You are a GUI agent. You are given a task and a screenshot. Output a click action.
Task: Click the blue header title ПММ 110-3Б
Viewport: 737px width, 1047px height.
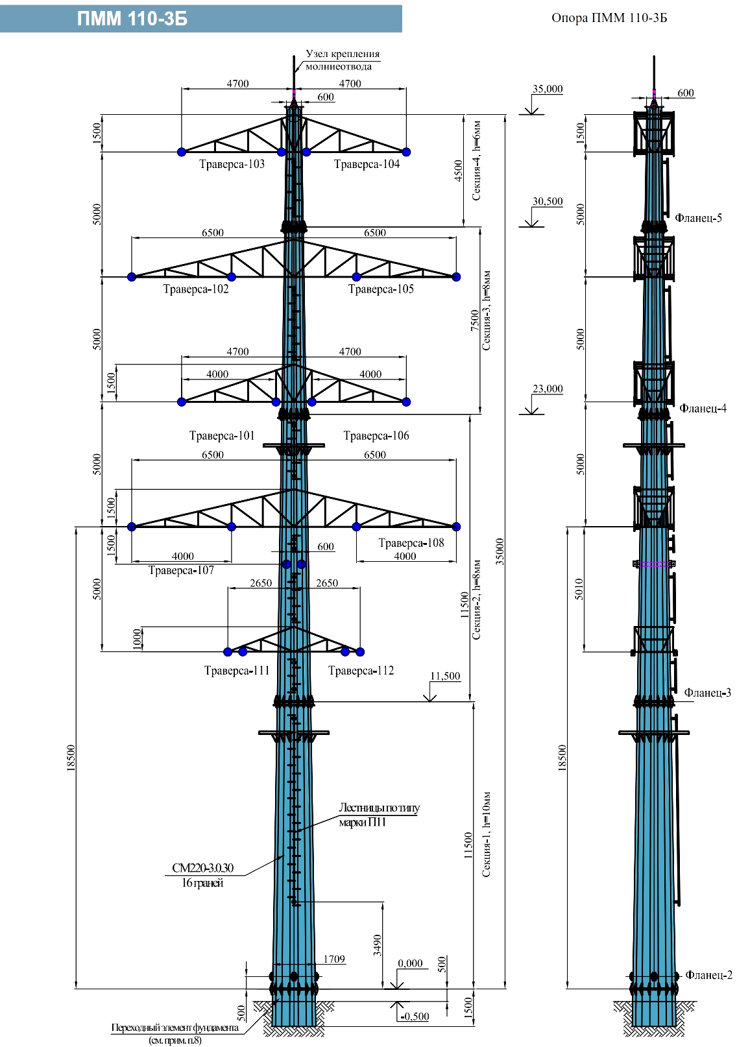point(132,19)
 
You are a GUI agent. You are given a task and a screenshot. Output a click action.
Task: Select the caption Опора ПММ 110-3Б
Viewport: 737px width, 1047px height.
point(609,18)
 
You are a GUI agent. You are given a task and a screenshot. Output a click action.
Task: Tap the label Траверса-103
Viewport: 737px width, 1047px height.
point(232,164)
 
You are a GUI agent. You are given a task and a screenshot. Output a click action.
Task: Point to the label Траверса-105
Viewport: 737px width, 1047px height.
point(381,289)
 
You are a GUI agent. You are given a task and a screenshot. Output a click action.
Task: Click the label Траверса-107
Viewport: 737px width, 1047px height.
point(181,570)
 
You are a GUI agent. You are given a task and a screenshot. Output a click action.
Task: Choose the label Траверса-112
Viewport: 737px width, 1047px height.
point(361,671)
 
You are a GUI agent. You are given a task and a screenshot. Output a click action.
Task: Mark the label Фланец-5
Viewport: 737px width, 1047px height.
point(698,218)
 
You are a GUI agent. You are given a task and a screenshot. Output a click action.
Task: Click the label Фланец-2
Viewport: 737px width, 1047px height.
point(708,975)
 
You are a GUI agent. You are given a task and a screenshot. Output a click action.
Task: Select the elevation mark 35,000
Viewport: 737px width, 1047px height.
point(548,89)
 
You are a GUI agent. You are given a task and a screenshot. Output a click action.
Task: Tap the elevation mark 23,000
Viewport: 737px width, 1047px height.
point(548,389)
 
